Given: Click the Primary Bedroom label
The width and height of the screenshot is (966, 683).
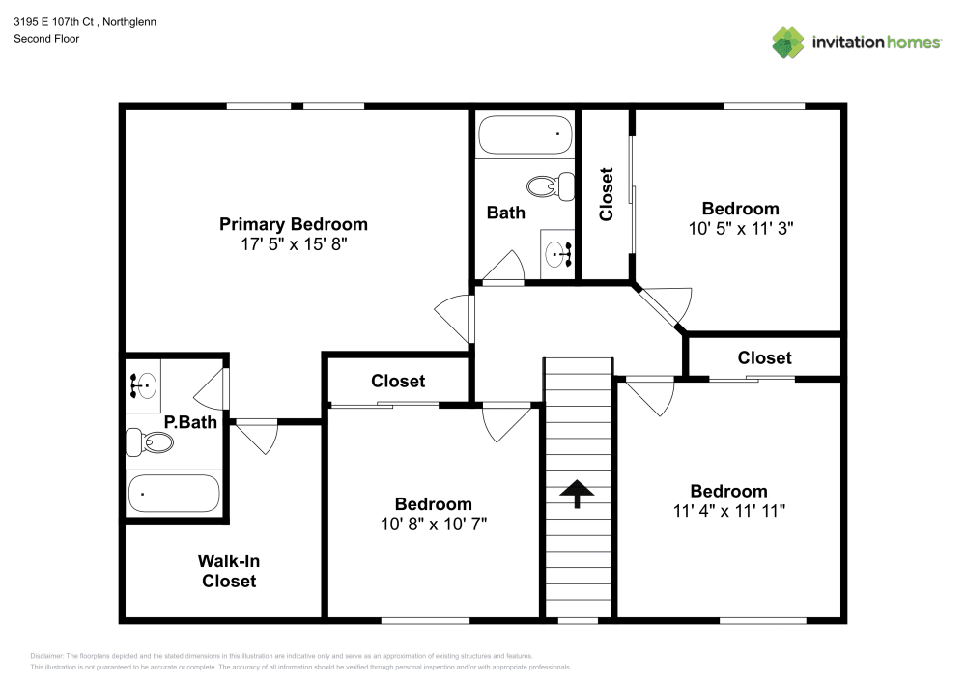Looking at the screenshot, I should [x=293, y=224].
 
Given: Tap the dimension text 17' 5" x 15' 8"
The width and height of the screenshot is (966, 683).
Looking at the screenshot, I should [x=293, y=245].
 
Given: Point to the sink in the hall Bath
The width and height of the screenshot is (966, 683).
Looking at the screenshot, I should [x=559, y=254].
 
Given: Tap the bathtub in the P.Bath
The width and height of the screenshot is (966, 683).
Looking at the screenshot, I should [x=174, y=494].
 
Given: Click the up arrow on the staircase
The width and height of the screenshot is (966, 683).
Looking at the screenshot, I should [x=578, y=493].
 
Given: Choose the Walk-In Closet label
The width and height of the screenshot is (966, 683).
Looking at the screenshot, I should [x=229, y=570].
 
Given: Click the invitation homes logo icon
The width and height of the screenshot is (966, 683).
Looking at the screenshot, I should [x=787, y=42].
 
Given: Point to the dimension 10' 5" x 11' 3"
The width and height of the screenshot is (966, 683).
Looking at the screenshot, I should [x=740, y=229].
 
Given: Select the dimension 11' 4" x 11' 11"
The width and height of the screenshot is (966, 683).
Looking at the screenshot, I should [x=728, y=511].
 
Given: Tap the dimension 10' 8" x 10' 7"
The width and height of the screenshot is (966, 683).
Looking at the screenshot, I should [x=433, y=525].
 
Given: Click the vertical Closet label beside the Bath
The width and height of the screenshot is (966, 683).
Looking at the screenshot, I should [x=607, y=194].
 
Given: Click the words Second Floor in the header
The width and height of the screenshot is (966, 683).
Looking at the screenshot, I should [x=46, y=39].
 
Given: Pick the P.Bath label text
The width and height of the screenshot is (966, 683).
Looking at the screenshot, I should [x=189, y=421].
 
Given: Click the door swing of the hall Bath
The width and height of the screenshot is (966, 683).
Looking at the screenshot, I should [x=504, y=266].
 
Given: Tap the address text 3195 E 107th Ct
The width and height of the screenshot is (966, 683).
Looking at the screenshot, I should [x=58, y=21].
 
